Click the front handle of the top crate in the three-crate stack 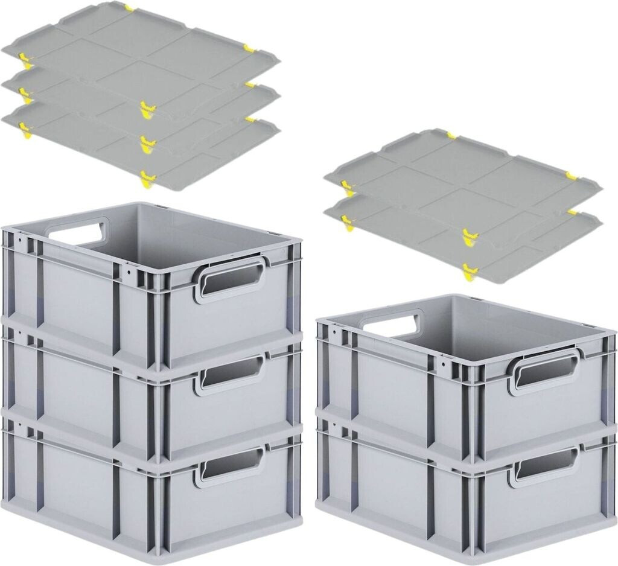click(x=230, y=279)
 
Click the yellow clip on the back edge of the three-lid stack click(x=129, y=8)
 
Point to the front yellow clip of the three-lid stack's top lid click(x=147, y=109)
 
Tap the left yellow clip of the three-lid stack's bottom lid click(x=25, y=129)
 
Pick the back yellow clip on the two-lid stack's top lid click(x=450, y=133)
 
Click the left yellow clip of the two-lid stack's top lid click(x=346, y=186)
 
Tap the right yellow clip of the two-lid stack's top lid click(x=572, y=176)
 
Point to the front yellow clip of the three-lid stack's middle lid click(x=147, y=142)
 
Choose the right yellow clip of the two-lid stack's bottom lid click(x=572, y=212)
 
